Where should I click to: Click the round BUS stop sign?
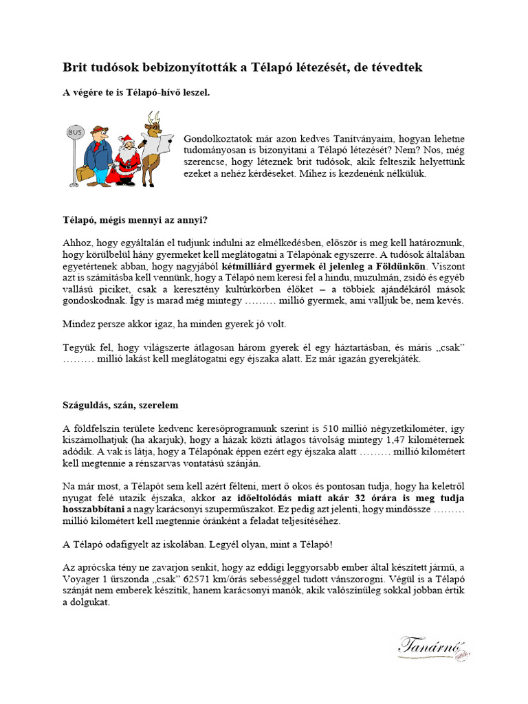pos(74,132)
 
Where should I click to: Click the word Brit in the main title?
pos(75,67)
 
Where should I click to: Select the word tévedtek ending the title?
pos(397,67)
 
